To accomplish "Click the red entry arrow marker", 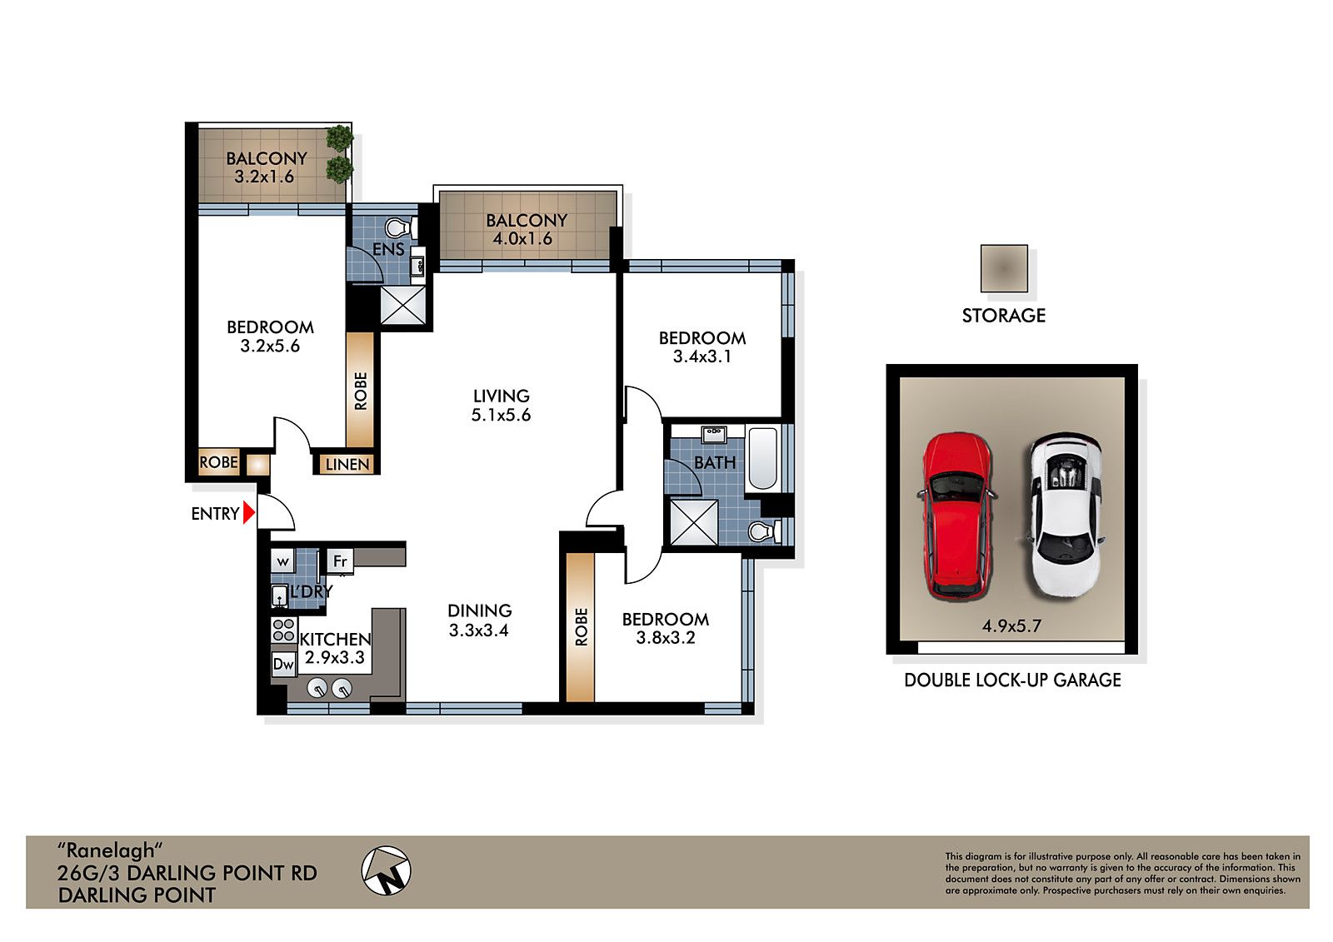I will (x=248, y=513).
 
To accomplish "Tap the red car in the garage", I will (x=956, y=514).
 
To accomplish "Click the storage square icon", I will (x=1003, y=268).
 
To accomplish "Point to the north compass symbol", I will (x=387, y=871).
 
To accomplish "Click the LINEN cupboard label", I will (x=347, y=464).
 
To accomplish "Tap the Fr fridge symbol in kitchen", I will (x=340, y=561).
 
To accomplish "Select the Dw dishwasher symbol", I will (x=283, y=664).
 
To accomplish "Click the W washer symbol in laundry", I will (x=283, y=561).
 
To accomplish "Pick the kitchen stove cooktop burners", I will (x=283, y=628).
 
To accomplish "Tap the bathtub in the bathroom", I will (x=762, y=457).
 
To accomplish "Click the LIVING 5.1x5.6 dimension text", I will (x=501, y=415).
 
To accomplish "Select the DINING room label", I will (x=479, y=611).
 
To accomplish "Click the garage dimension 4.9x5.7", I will (x=1011, y=626).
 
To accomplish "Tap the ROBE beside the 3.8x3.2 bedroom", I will (x=581, y=627).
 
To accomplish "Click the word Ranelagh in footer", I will (x=107, y=850).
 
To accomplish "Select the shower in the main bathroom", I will (x=693, y=521).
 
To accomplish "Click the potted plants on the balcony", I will (x=339, y=153).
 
